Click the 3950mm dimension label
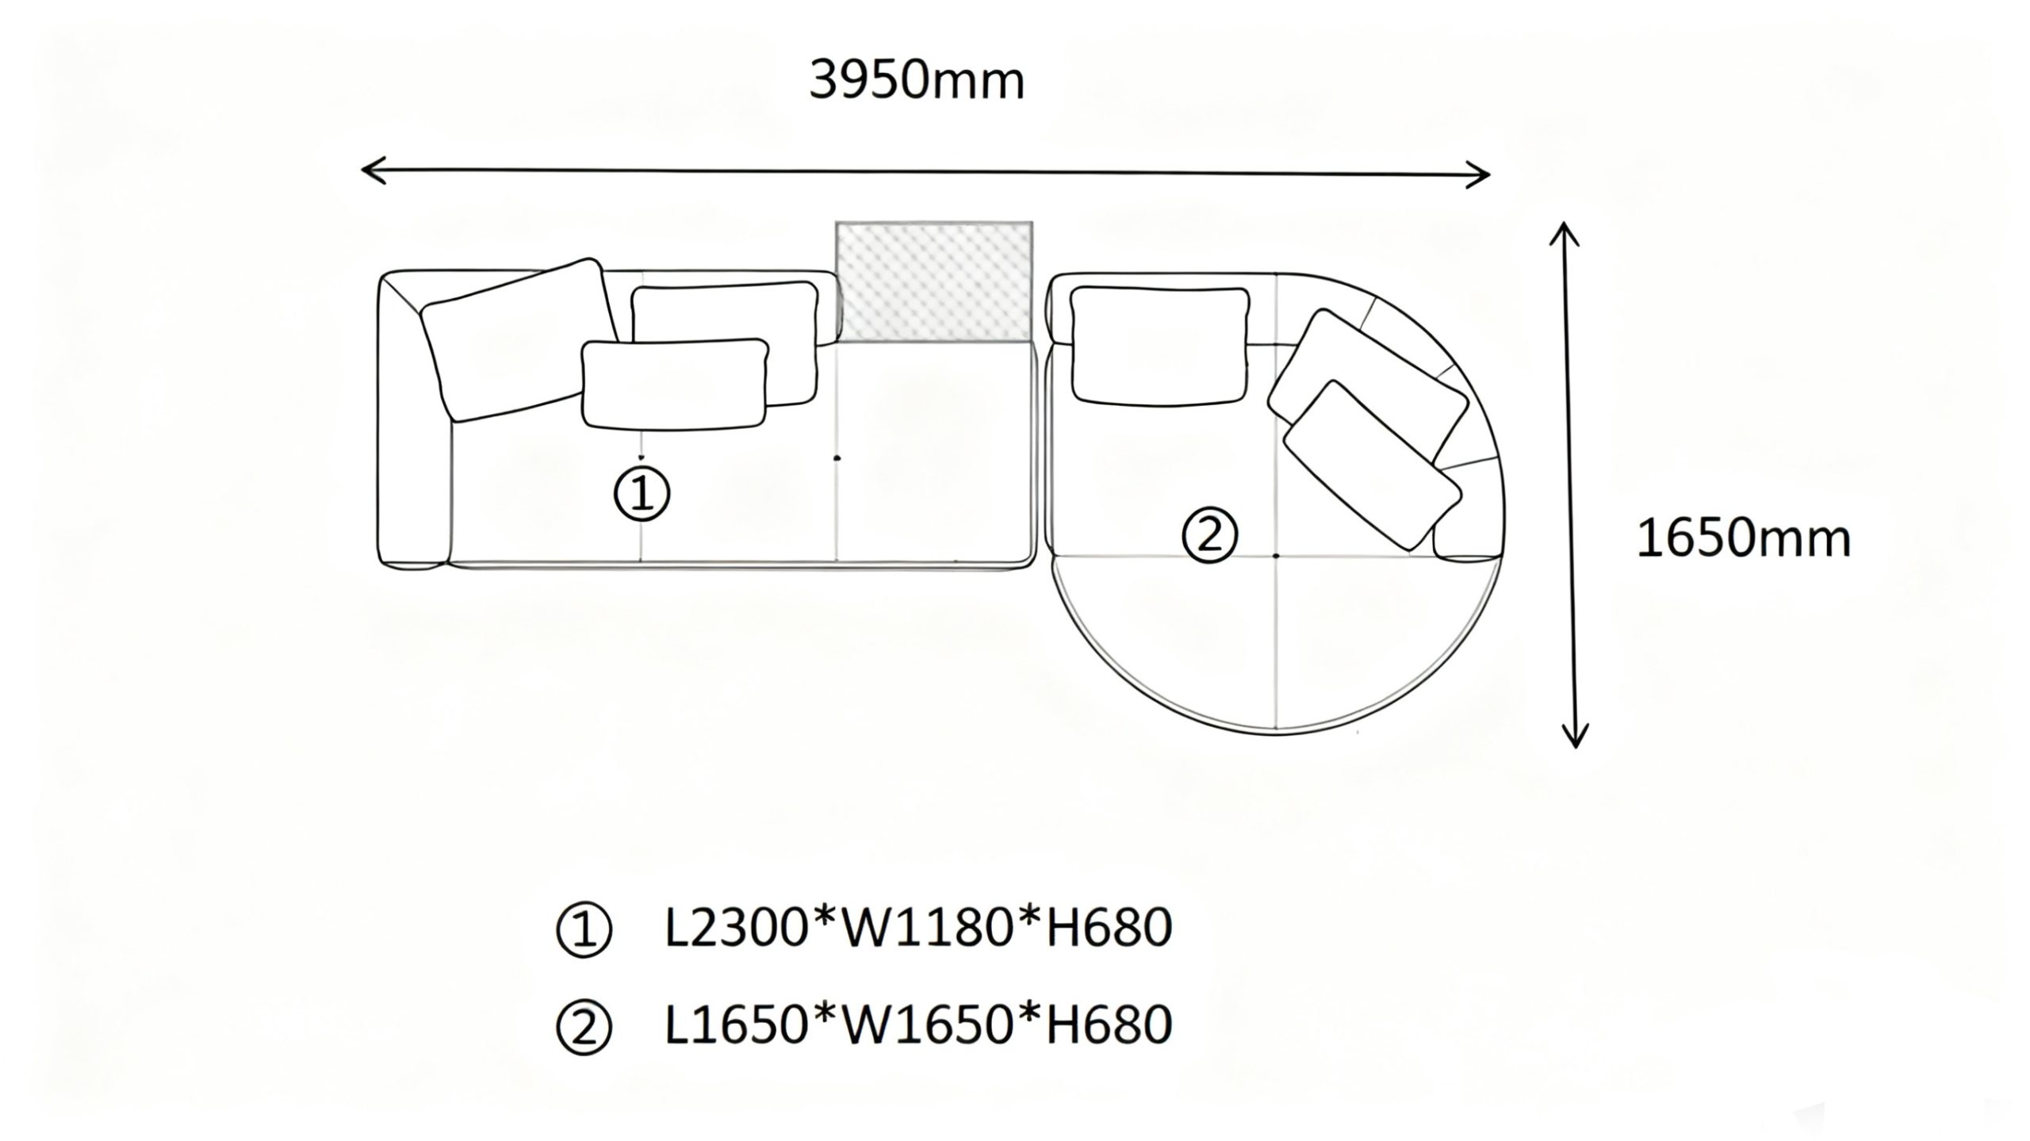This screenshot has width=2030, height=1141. pos(917,82)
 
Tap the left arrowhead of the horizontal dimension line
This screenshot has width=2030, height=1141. pos(366,169)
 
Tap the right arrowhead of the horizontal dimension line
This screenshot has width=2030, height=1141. pos(1484,174)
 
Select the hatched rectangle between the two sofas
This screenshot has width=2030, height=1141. pos(934,281)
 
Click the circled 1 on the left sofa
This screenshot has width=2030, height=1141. pos(642,494)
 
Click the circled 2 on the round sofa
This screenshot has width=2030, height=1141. pos(1209,537)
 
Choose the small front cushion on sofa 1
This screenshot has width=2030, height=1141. pos(674,385)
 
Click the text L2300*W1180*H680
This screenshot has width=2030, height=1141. pos(918,928)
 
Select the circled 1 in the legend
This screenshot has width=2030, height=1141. pos(584,930)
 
